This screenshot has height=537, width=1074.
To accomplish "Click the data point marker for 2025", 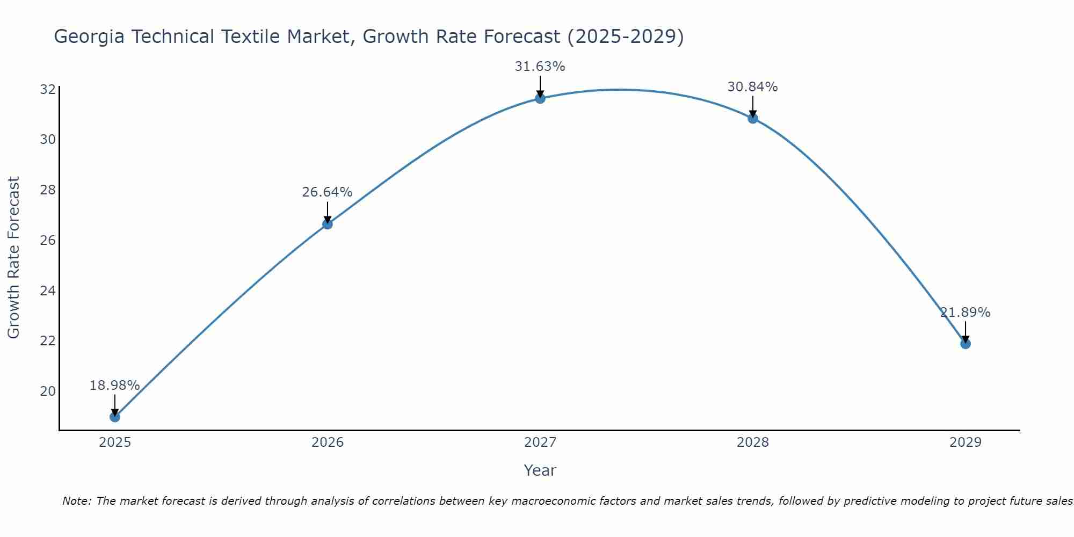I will coord(115,417).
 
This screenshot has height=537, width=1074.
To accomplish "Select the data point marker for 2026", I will coord(328,224).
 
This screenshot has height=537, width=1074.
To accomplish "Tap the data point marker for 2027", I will coord(540,98).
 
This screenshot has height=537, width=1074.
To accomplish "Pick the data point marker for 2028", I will coord(753,118).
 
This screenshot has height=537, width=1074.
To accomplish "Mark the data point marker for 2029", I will coord(966,344).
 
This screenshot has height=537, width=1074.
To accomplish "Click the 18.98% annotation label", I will coord(114,386).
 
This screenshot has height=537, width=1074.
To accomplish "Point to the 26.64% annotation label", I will coord(327,192).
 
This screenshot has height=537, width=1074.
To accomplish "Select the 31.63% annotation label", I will coord(540,67).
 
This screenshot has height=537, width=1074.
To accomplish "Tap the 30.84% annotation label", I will coord(752,87).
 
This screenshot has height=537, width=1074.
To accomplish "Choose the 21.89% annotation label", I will coord(965,313).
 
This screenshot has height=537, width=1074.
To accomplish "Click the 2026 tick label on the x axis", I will coord(328,442).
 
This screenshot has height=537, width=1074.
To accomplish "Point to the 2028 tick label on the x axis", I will coord(753,442).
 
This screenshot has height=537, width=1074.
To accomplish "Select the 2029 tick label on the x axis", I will coord(966,442).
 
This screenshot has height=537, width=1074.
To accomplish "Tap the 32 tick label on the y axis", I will coord(48,89).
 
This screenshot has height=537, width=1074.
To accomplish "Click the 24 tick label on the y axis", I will coord(48,291).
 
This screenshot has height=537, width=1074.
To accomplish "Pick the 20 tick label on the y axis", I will coord(48,391).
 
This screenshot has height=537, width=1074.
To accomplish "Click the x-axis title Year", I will coord(540,470).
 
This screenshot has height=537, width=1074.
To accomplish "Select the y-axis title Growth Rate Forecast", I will coord(14,258).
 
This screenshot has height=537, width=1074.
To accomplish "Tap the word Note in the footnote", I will coord(76,502).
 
